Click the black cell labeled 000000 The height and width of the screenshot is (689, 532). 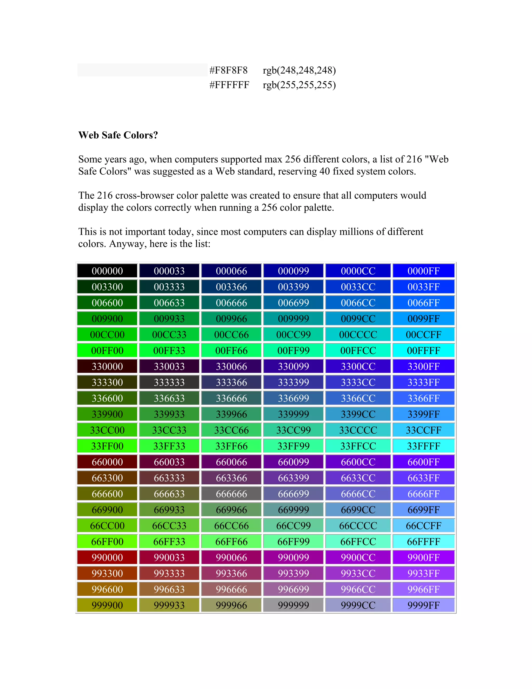tap(107, 271)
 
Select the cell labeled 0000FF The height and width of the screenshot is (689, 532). tap(423, 271)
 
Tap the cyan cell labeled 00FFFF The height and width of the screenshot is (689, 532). tap(423, 350)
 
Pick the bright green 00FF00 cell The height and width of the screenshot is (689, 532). tap(107, 350)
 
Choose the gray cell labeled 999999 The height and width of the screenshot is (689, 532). tap(294, 605)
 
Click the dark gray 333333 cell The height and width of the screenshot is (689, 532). tap(169, 382)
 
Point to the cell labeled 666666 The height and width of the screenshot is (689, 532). tap(231, 494)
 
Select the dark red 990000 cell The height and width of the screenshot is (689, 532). tap(107, 557)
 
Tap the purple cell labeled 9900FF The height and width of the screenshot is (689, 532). tap(423, 557)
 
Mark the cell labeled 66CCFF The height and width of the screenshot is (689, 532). tap(423, 525)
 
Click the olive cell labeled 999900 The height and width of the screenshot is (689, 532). tap(107, 605)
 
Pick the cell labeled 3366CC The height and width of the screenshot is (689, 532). tap(358, 398)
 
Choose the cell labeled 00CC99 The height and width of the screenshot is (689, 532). tap(294, 334)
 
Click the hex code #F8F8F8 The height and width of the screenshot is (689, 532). tap(229, 70)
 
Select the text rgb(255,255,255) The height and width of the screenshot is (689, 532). tap(299, 85)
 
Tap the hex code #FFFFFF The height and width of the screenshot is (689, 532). tap(229, 85)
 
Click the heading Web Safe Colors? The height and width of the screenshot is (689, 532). tap(118, 135)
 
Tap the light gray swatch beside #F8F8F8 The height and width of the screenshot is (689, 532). tap(142, 70)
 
